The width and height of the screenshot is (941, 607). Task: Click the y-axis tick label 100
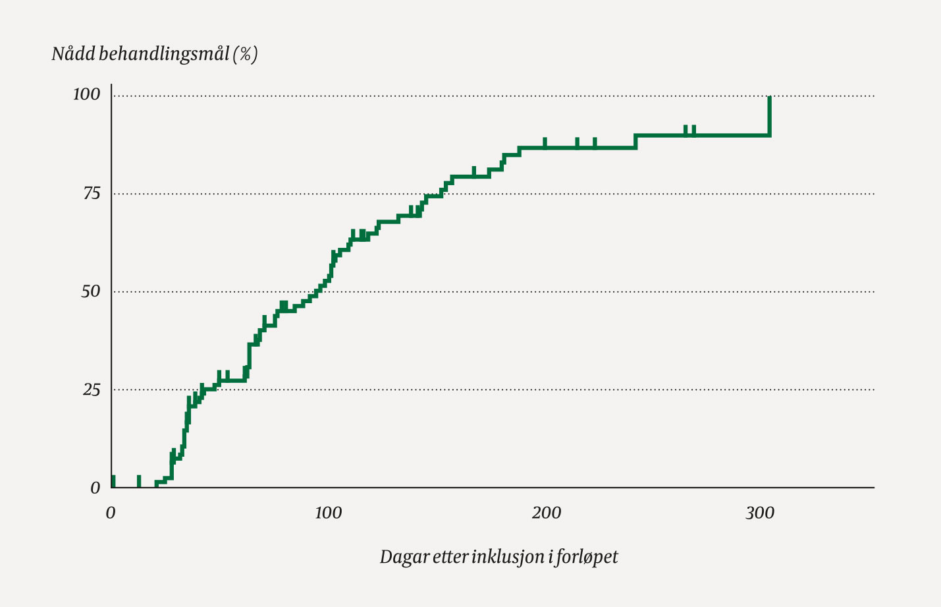tap(86, 95)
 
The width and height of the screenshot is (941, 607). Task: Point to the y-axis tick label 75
tap(92, 193)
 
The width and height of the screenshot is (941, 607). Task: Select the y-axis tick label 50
tap(91, 291)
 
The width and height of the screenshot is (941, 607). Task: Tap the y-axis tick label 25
tap(92, 390)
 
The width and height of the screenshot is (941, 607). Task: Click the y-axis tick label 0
tap(95, 488)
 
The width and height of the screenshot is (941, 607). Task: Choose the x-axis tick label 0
tap(111, 513)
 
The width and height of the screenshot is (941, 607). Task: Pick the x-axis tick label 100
tap(328, 513)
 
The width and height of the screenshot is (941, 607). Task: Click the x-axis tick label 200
tap(547, 513)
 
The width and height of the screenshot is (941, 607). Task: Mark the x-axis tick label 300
tap(760, 513)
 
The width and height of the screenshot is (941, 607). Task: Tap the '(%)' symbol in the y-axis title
tap(245, 54)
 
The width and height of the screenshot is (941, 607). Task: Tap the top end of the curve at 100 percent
tap(769, 98)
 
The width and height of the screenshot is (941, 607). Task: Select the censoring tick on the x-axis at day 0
tap(113, 481)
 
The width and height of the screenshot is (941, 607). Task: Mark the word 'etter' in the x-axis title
tap(450, 557)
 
